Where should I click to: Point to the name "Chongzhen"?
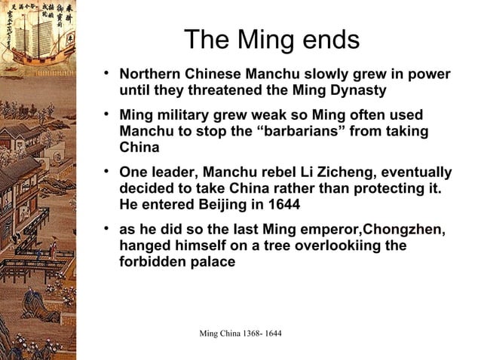pyautogui.click(x=404, y=230)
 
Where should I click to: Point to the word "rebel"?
pyautogui.click(x=264, y=172)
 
